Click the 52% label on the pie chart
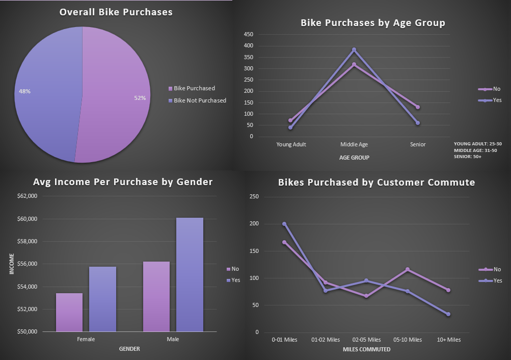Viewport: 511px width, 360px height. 140,98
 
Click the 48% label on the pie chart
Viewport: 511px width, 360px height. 24,91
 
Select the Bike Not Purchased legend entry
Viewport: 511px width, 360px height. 200,100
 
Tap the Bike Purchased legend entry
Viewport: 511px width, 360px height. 194,88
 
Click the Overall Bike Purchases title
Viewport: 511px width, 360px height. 116,12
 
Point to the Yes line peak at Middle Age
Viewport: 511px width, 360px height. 354,49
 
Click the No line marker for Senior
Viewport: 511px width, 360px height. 418,107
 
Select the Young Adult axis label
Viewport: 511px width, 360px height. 291,144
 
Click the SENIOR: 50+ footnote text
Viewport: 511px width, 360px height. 468,157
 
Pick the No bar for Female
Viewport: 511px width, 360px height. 69,312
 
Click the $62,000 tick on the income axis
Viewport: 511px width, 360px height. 27,196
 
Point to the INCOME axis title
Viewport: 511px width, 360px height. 12,264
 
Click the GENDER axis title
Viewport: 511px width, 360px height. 129,349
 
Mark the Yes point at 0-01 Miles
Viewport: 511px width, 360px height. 284,224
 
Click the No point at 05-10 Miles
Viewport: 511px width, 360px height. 408,269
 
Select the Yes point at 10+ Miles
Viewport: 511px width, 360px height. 448,314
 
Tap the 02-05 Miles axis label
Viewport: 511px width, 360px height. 367,340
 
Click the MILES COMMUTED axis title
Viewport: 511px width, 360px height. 367,349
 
